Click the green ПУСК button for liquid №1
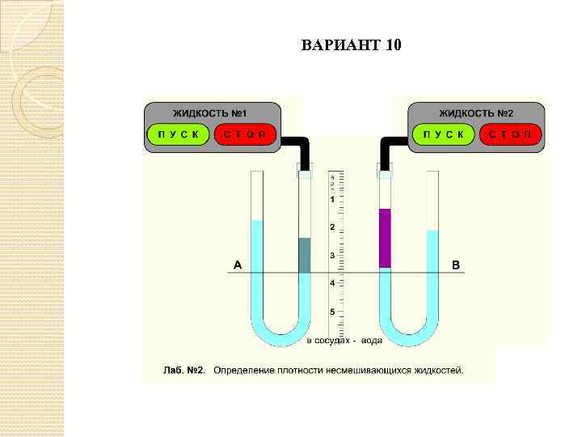click(x=177, y=134)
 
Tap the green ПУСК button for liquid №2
click(x=443, y=134)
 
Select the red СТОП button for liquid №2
click(x=509, y=134)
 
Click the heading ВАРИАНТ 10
click(x=351, y=44)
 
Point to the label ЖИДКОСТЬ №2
click(x=476, y=112)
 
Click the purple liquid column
click(x=385, y=238)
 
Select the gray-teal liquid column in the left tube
click(x=305, y=255)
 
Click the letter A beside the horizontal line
click(x=238, y=265)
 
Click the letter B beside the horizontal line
click(x=455, y=265)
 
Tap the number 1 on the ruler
click(x=331, y=199)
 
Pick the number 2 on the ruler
click(x=331, y=227)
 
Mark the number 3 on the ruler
click(x=331, y=256)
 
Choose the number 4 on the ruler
click(x=331, y=284)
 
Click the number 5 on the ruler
click(x=331, y=312)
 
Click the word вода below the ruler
click(x=372, y=341)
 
